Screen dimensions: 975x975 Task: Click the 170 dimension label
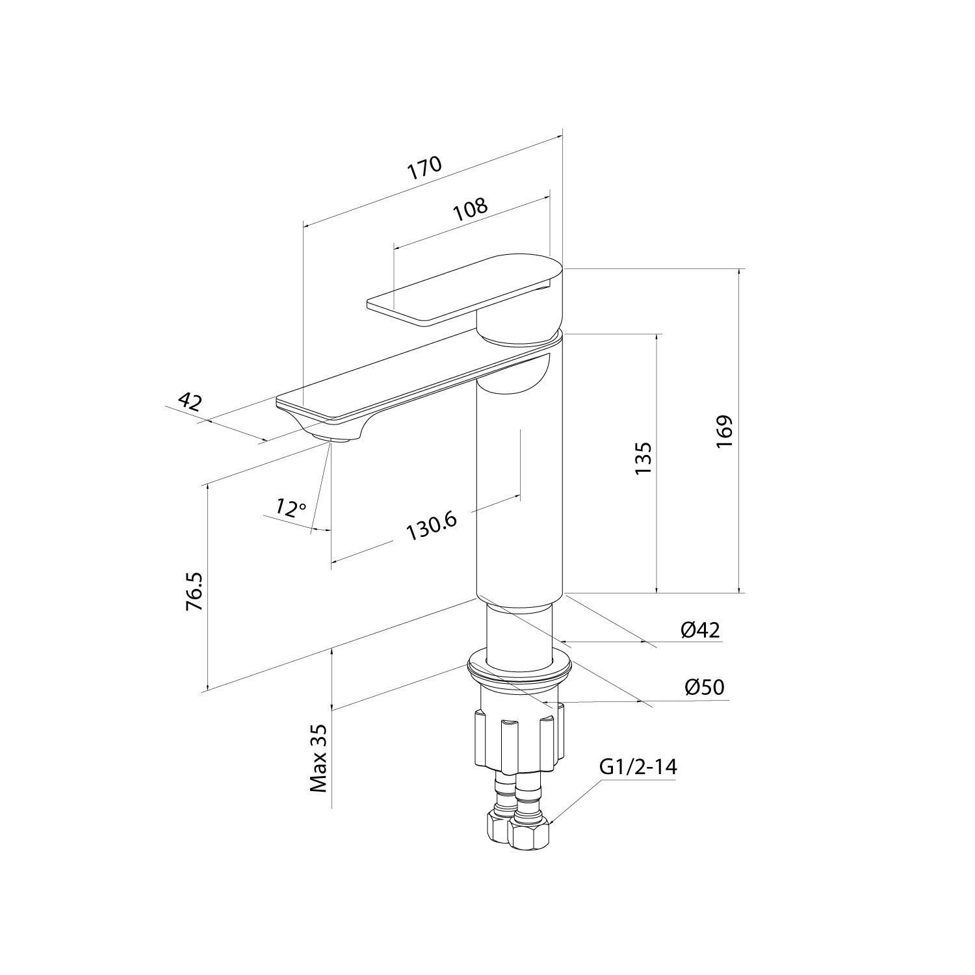click(x=424, y=168)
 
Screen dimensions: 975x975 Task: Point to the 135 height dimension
click(x=642, y=458)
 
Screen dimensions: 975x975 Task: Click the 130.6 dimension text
click(x=432, y=526)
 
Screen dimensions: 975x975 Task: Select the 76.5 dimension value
click(x=194, y=591)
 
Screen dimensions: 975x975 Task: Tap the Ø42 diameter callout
click(x=701, y=629)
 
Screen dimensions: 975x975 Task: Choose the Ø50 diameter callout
click(x=705, y=686)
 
